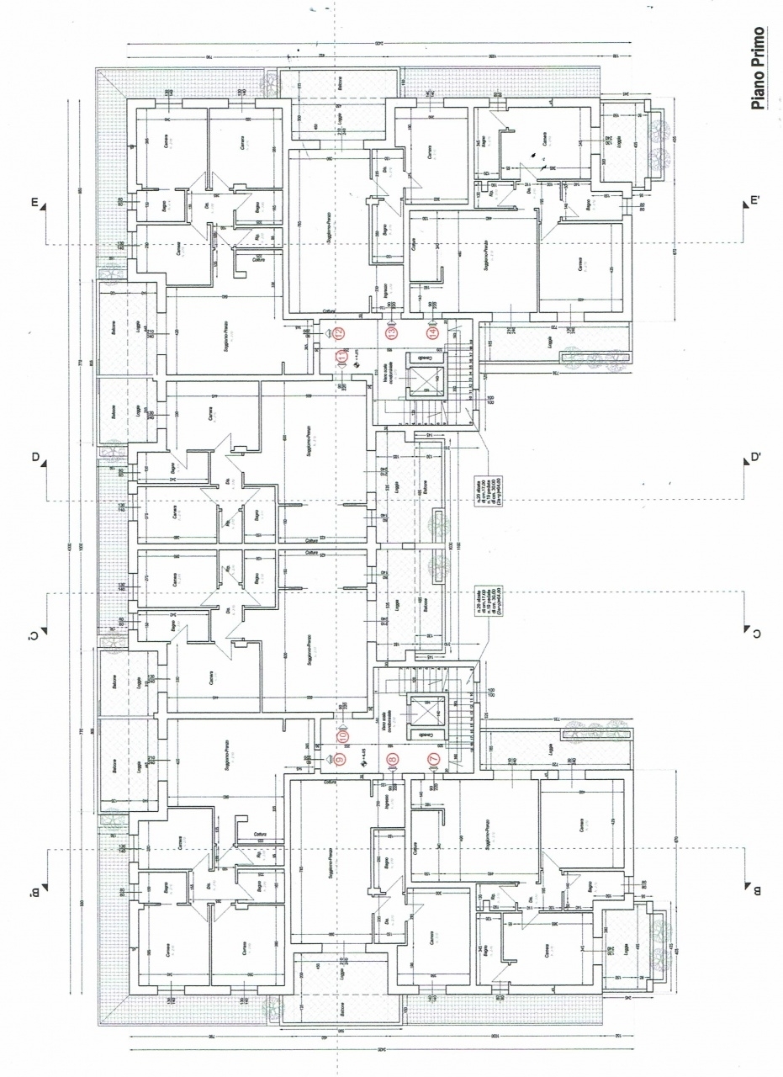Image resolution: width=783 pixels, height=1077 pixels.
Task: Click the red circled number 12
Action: coord(339,332)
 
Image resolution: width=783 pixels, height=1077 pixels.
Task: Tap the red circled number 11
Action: coord(341,358)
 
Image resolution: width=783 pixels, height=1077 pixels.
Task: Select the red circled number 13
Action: coord(391,332)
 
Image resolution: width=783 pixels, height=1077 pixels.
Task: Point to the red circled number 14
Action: coord(432,332)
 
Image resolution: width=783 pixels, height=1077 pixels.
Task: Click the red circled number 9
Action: coord(339,760)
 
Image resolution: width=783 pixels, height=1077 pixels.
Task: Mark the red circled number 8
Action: coord(391,760)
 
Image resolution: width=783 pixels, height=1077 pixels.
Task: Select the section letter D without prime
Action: coord(35,459)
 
